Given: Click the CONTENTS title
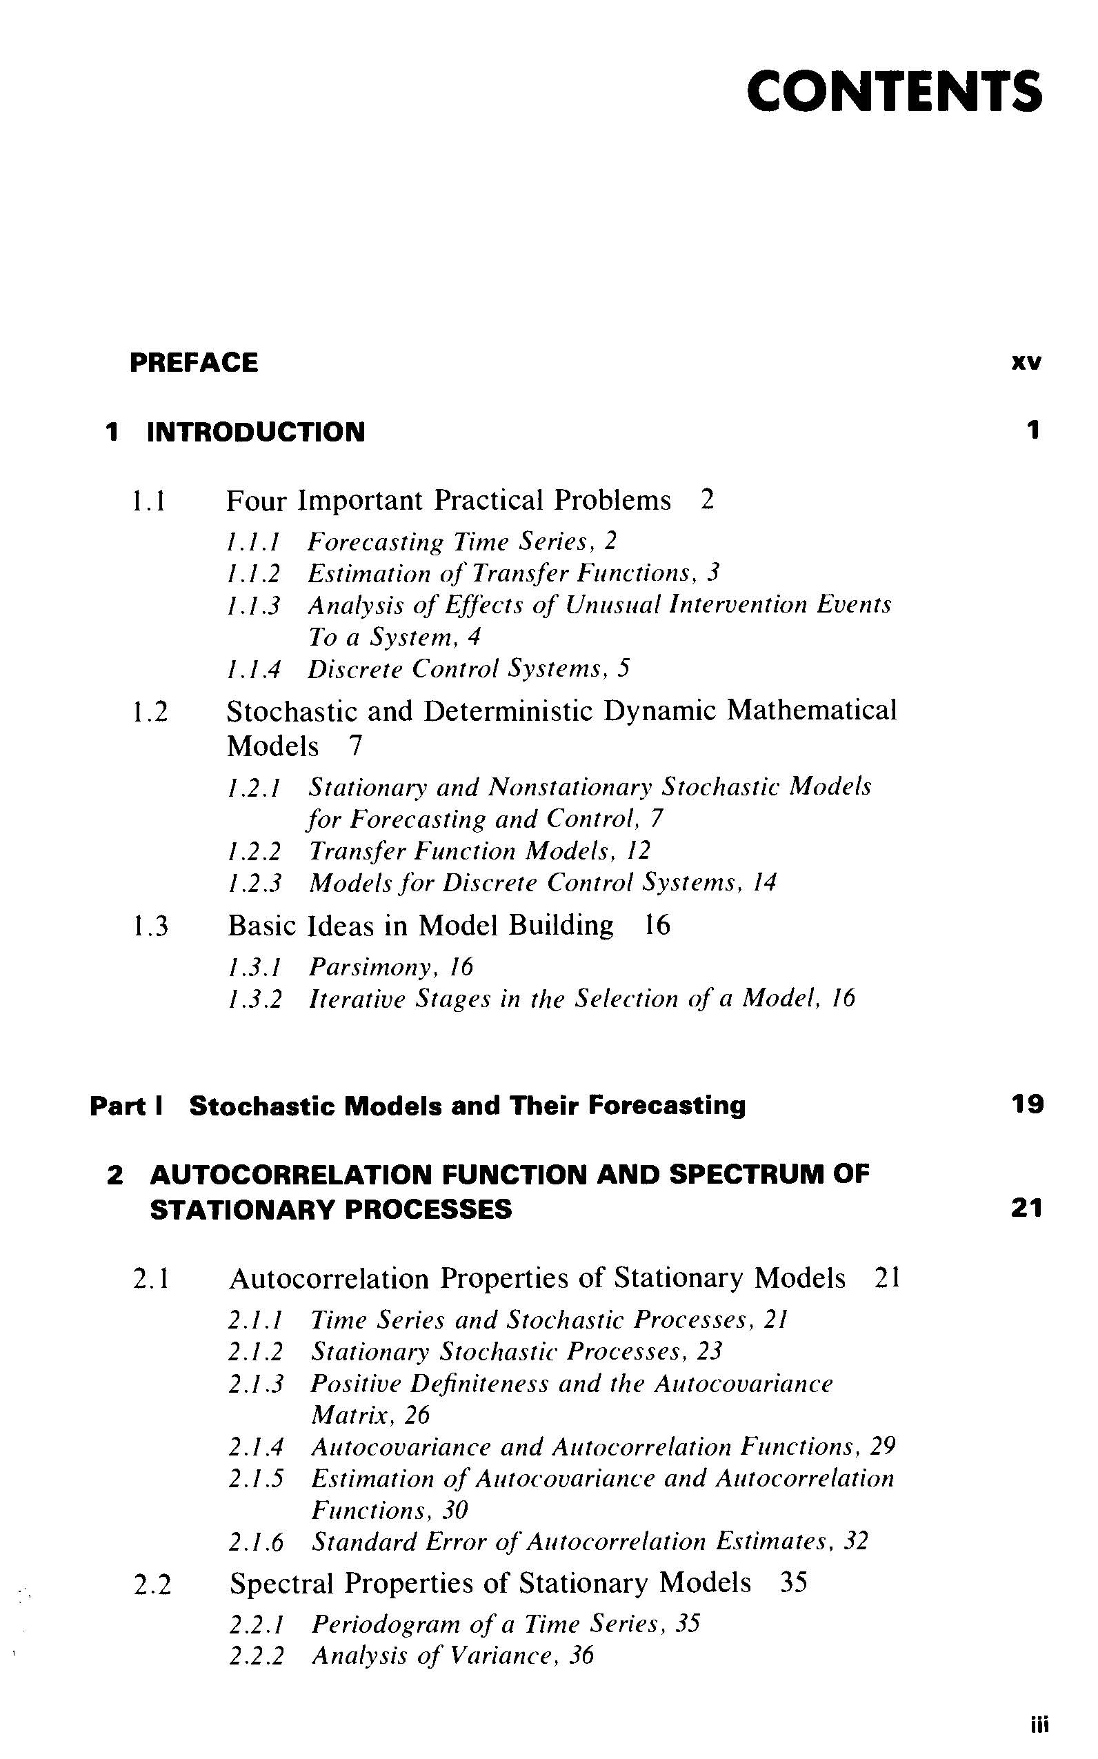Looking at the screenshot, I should point(894,92).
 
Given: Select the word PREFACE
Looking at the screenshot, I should point(193,362).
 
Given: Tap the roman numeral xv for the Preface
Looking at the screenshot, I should point(1026,362).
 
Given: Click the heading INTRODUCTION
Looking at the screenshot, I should point(256,432).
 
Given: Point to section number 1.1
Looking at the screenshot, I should point(149,501).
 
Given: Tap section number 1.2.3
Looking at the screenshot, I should point(253,883).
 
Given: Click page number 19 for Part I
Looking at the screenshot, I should point(1027,1104).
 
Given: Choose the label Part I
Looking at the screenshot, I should point(126,1106).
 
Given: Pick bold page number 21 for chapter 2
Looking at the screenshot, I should point(1027,1209).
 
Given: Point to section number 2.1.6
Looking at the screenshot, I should point(255,1542).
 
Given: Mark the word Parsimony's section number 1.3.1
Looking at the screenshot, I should point(253,967).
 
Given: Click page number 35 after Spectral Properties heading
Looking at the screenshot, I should point(793,1582).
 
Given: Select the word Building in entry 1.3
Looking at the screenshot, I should point(561,925).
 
